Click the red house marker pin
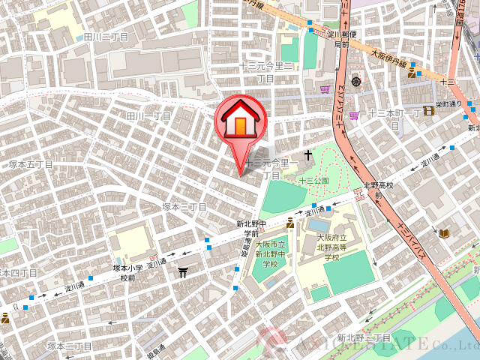(240, 121)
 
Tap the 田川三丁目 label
(106, 36)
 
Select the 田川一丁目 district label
(148, 116)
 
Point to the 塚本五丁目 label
(30, 163)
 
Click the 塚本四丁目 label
(11, 272)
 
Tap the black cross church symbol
(307, 155)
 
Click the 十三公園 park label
(314, 181)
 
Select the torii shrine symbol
(182, 272)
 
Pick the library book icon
(444, 234)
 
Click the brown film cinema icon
(428, 111)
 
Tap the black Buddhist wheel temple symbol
(356, 81)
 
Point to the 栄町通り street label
(449, 104)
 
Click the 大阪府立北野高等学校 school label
(331, 247)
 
